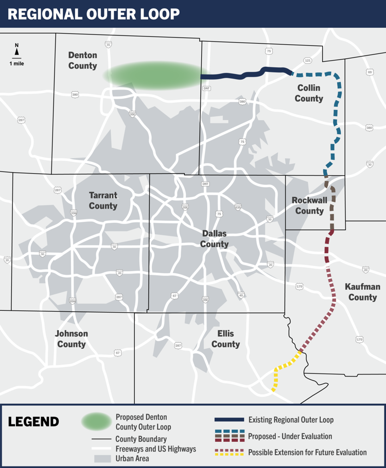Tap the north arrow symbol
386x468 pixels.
click(x=16, y=50)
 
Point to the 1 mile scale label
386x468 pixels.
click(x=16, y=64)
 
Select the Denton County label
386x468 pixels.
click(x=82, y=61)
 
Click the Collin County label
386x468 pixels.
click(x=309, y=93)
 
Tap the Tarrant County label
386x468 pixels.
click(x=103, y=200)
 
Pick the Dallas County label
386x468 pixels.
click(x=214, y=239)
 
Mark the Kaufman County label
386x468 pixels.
click(x=362, y=292)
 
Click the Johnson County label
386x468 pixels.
click(x=72, y=339)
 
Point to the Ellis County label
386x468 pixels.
click(x=225, y=339)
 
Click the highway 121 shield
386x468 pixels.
click(x=308, y=60)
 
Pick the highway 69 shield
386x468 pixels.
click(x=370, y=72)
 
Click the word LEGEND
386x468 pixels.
click(x=33, y=422)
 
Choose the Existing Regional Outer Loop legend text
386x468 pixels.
click(x=291, y=420)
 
